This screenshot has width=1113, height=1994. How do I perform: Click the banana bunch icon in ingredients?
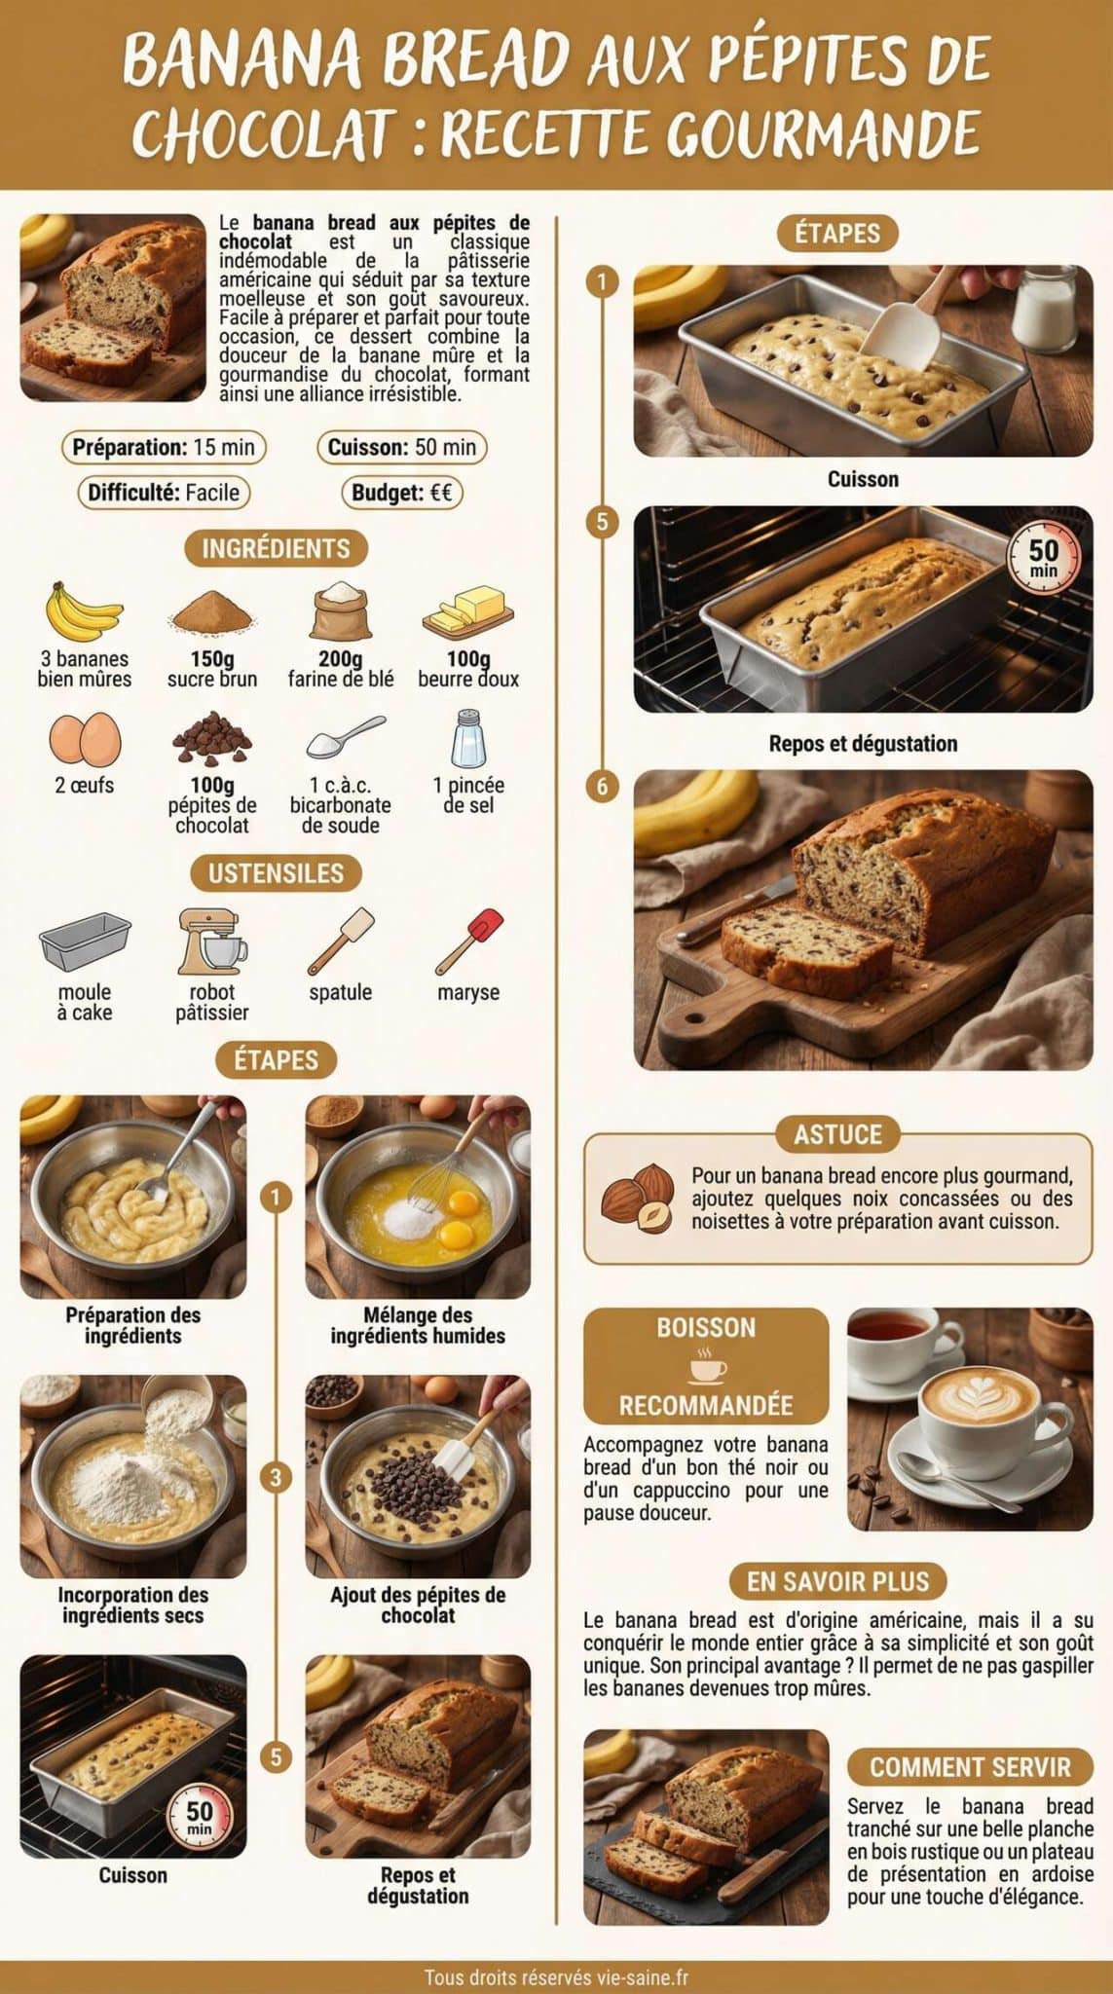84,611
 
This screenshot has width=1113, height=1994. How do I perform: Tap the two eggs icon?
85,739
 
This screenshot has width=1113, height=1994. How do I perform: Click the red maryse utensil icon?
469,941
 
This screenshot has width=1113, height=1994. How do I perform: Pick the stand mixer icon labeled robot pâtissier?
211,942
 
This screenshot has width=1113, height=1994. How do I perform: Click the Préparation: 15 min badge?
164,447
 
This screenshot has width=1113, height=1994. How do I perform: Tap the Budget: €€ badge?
401,493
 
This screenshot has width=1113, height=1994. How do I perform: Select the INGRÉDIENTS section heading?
276,548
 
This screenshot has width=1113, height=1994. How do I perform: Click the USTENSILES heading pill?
276,872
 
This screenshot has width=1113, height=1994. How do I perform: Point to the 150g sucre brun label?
211,669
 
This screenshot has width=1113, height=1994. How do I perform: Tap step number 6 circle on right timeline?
602,786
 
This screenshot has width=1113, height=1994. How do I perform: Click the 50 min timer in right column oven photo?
1043,556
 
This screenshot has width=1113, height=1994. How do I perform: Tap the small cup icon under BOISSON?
707,1366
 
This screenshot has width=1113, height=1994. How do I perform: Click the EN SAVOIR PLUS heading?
837,1581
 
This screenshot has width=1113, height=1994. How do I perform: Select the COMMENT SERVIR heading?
969,1766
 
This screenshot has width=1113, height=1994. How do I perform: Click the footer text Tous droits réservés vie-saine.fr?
556,1977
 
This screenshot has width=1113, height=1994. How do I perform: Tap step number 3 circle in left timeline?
276,1477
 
